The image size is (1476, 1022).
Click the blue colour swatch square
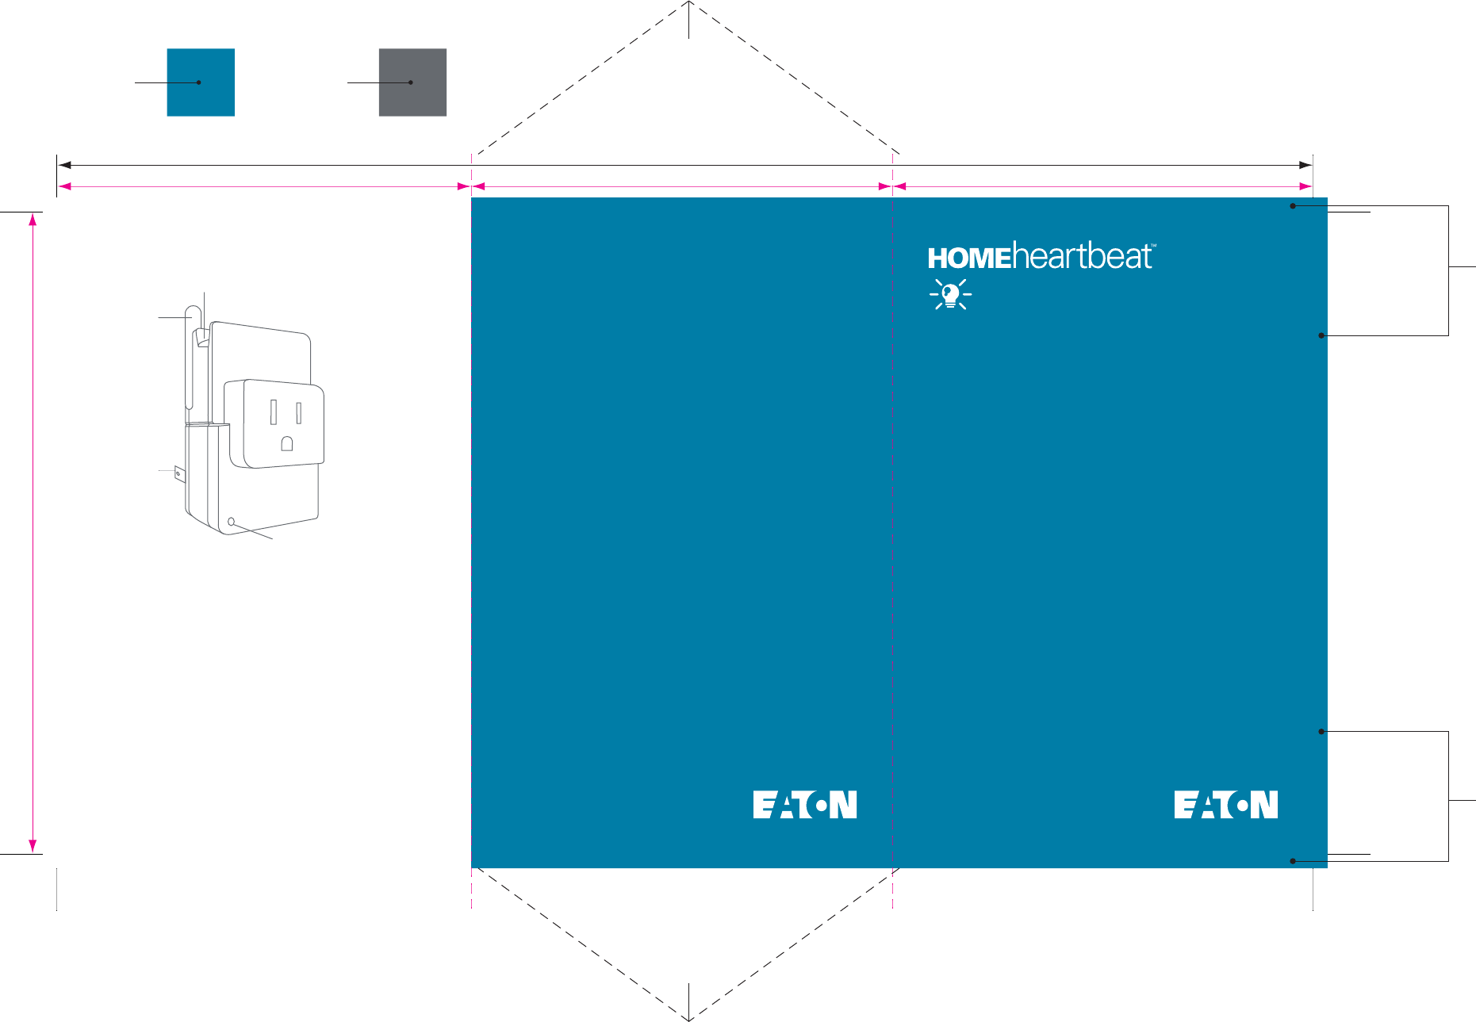tap(201, 82)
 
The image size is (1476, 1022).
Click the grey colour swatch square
tap(412, 82)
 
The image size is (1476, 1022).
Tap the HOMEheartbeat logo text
tap(1041, 257)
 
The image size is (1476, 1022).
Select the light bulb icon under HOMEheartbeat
tap(950, 294)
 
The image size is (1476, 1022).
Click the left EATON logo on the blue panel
tap(804, 804)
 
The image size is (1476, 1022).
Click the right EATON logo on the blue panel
tap(1225, 804)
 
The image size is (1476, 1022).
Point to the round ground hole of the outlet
tap(287, 444)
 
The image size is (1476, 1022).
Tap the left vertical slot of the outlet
tap(274, 412)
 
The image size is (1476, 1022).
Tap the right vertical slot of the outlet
tap(299, 412)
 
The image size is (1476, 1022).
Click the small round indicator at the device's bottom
tap(232, 522)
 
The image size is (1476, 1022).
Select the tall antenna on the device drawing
tap(191, 357)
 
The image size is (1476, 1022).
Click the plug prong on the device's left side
tap(179, 475)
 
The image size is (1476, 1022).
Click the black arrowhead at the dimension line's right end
tap(1305, 165)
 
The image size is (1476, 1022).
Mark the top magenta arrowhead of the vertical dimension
tap(33, 220)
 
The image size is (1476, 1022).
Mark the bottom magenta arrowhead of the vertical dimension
tap(33, 846)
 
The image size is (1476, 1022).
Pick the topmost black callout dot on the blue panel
tap(1293, 206)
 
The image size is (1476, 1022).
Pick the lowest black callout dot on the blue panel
tap(1293, 861)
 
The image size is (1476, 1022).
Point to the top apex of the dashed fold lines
tap(689, 3)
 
